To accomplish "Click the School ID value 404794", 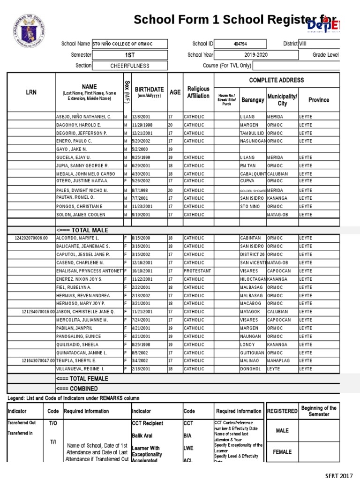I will pos(242,44).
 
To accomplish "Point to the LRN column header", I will pos(31,93).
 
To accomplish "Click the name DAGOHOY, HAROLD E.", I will pos(78,125).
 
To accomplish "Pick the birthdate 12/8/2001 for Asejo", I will pos(132,116).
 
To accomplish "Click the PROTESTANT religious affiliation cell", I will pos(197,271).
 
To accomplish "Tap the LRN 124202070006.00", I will pos(31,238).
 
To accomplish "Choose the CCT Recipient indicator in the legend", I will pos(148,423).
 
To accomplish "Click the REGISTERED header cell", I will pos(282,411).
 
